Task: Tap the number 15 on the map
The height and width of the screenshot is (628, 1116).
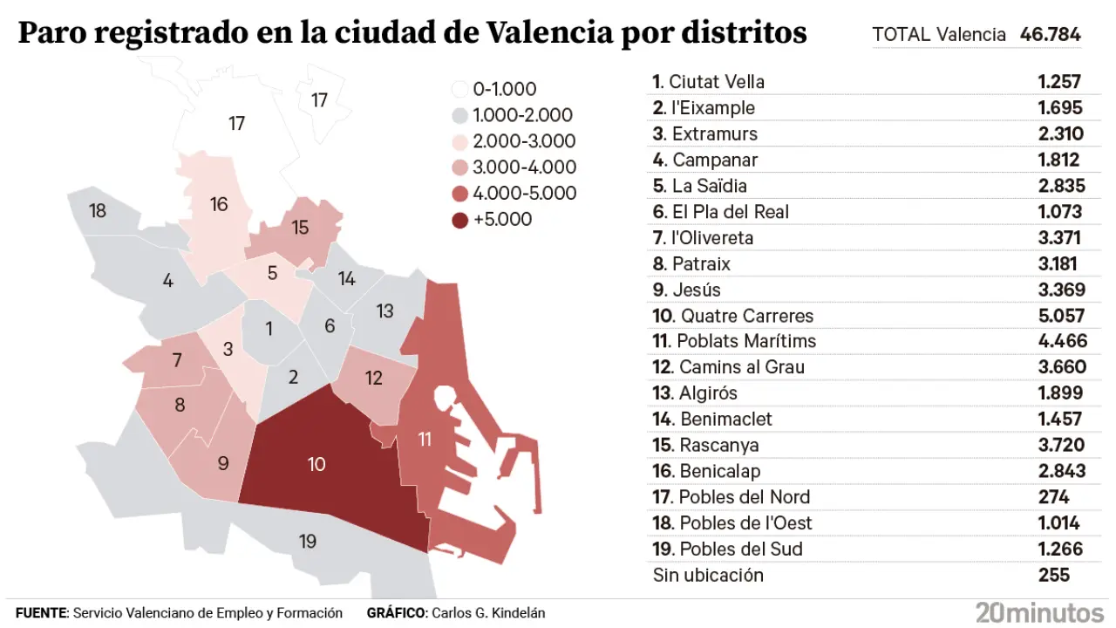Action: (x=300, y=228)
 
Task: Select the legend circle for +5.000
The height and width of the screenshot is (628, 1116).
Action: (x=460, y=220)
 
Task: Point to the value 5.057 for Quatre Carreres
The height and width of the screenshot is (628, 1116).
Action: (x=1061, y=316)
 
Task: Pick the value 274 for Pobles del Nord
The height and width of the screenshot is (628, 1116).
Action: (x=1053, y=497)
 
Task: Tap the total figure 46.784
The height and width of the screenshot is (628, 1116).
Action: (x=1050, y=35)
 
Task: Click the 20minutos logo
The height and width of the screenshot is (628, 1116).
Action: (x=1039, y=612)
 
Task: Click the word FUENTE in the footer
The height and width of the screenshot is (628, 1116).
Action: (x=41, y=613)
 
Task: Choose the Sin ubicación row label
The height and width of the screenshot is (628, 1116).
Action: (x=708, y=575)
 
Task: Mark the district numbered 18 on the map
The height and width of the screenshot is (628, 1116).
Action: (x=98, y=211)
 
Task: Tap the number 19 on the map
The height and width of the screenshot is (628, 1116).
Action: (x=307, y=542)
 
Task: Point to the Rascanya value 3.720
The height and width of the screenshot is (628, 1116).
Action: (x=1061, y=445)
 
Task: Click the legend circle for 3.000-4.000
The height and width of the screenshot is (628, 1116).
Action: (x=460, y=167)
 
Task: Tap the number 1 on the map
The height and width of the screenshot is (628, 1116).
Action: (x=269, y=329)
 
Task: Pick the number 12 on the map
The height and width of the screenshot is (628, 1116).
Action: (x=374, y=379)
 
